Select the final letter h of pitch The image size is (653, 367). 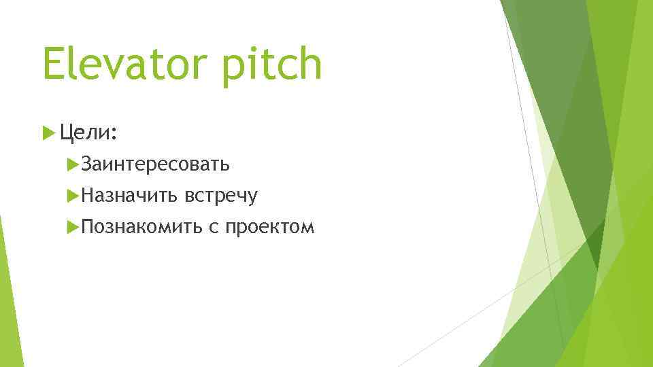tap(309, 62)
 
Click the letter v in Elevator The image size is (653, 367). tap(110, 66)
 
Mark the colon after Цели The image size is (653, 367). tap(116, 135)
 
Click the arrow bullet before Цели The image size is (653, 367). tap(48, 132)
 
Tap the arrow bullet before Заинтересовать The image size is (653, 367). tap(74, 164)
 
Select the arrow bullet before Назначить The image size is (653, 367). tap(74, 196)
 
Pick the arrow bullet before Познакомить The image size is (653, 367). tap(74, 227)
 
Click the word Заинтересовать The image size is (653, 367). tap(155, 164)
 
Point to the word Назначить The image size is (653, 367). tap(130, 196)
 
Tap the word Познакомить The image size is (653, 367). tap(141, 227)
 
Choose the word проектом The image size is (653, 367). tap(270, 228)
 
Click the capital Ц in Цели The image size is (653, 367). tap(67, 132)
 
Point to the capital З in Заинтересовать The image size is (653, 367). tap(86, 164)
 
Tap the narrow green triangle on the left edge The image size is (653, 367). tap(8, 292)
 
